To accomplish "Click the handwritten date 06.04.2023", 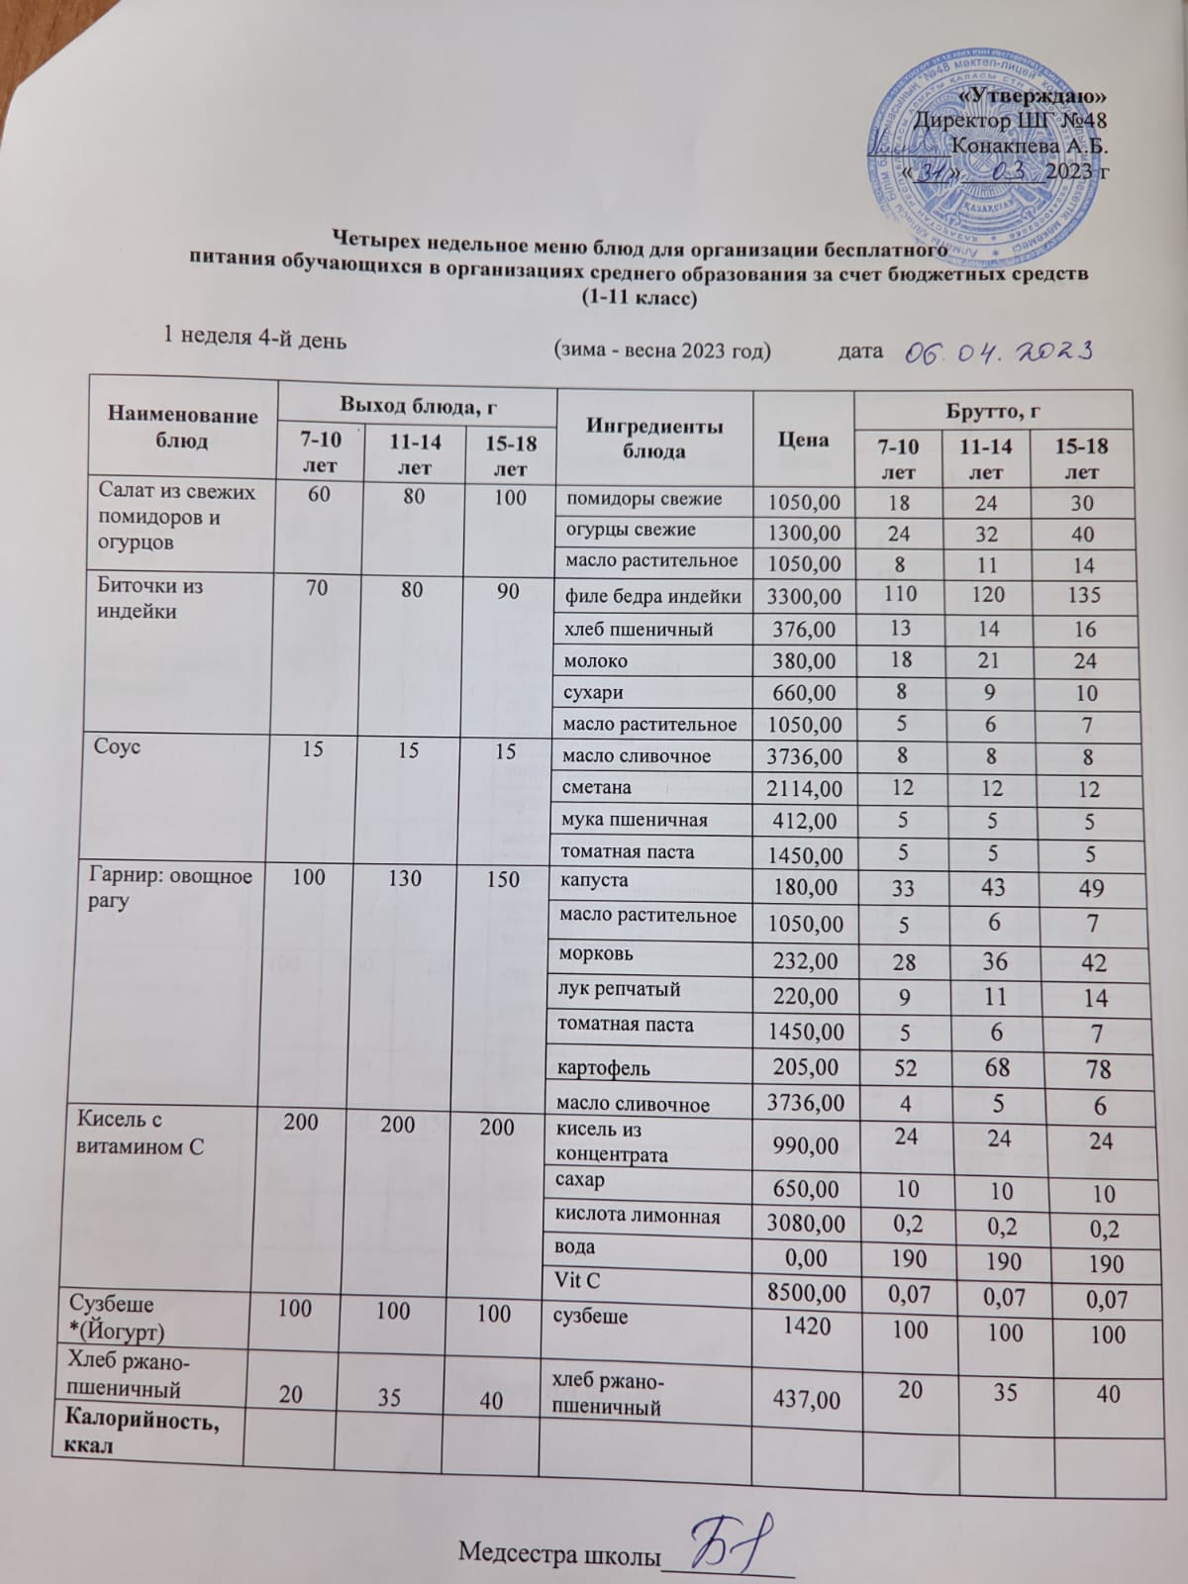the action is [x=998, y=350].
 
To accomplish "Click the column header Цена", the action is [x=802, y=439].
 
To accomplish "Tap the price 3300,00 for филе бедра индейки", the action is [x=804, y=596].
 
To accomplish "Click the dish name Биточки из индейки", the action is [x=151, y=598].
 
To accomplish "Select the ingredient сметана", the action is [x=598, y=788].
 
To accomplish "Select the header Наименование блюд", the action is [x=183, y=429].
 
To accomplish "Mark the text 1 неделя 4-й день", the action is [x=254, y=339].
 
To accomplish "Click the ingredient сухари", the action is [x=593, y=692].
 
